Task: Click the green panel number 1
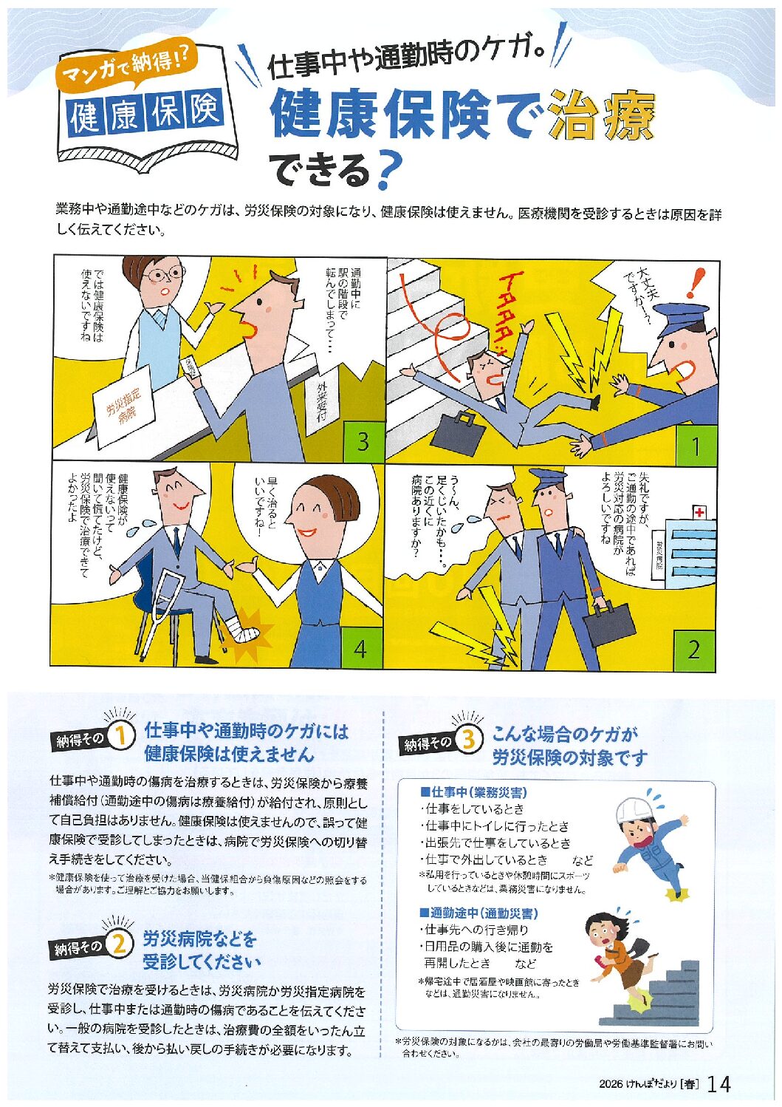tap(695, 444)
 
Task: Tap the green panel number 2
tap(693, 650)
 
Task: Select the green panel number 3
tap(363, 441)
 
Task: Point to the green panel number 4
tap(361, 648)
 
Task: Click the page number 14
tap(718, 1084)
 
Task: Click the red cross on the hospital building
tap(699, 513)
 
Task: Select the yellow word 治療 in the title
tap(603, 115)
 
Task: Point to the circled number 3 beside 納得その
tap(468, 740)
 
